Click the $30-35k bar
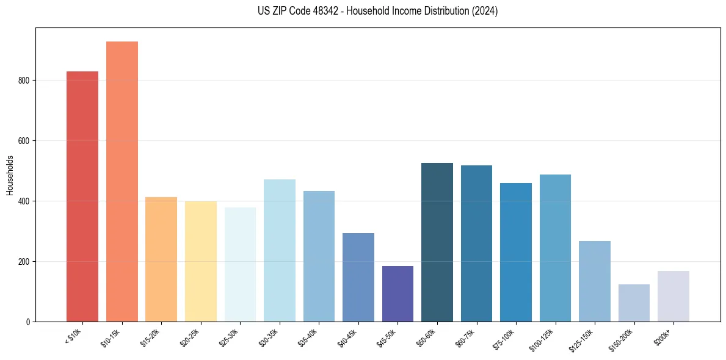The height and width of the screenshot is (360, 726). pyautogui.click(x=280, y=250)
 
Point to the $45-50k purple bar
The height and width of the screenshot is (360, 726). pyautogui.click(x=397, y=293)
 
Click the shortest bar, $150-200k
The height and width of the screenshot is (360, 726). pyautogui.click(x=634, y=303)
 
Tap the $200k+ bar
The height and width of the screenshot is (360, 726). pyautogui.click(x=673, y=296)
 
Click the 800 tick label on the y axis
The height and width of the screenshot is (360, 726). pyautogui.click(x=23, y=81)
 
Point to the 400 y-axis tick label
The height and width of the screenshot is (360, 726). pyautogui.click(x=23, y=201)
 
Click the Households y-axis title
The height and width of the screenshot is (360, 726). pyautogui.click(x=10, y=175)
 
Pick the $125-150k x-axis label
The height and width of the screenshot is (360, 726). pyautogui.click(x=583, y=339)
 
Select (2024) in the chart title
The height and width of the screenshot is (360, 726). pyautogui.click(x=485, y=11)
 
